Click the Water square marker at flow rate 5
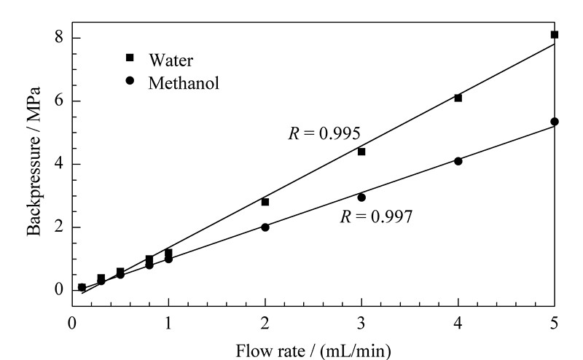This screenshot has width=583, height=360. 555,34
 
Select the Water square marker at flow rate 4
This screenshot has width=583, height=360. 458,98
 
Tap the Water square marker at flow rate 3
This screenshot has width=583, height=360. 361,152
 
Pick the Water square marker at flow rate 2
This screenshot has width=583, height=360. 265,202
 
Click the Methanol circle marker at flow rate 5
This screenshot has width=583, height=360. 555,122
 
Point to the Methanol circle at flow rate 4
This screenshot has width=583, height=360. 458,161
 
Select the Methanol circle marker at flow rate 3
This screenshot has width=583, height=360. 361,197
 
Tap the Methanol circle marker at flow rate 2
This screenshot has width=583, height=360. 265,227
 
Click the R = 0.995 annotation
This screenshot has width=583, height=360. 324,133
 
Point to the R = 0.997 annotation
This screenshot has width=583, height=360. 376,216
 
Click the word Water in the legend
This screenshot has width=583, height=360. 171,60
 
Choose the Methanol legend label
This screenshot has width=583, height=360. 184,82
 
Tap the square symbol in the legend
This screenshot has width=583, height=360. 130,58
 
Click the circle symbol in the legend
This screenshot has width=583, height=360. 130,80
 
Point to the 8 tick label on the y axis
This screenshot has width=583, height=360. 59,38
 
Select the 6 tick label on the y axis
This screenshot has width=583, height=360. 59,101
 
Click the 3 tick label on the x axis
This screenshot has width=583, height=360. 361,323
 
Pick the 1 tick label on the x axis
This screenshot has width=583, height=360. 168,323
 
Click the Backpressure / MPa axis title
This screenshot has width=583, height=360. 34,161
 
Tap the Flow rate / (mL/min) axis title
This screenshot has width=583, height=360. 313,351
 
